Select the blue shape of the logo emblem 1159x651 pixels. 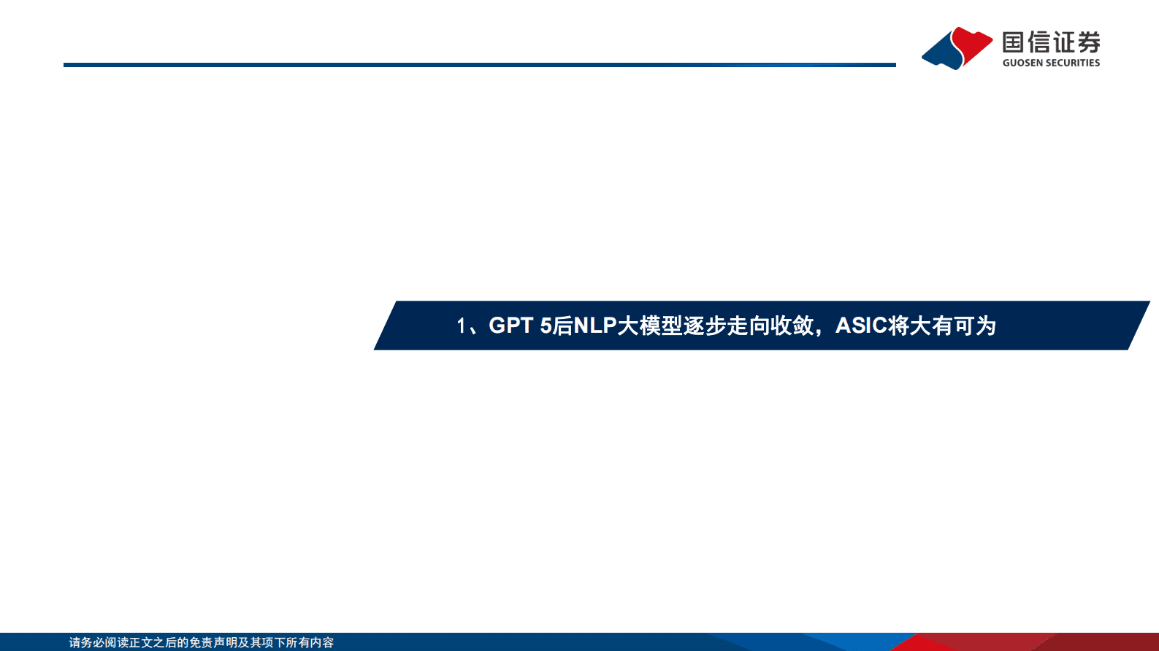coord(943,53)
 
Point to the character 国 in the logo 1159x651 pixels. coord(1014,42)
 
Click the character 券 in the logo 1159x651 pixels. coord(1088,42)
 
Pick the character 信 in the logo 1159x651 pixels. coord(1038,42)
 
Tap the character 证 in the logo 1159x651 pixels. coord(1063,42)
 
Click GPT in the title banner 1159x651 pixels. coord(511,325)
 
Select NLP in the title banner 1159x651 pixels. coord(595,325)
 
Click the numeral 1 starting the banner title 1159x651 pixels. coord(461,325)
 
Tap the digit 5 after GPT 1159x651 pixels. coord(546,325)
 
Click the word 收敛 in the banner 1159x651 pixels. coord(792,325)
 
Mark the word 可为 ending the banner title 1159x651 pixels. coord(975,325)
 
